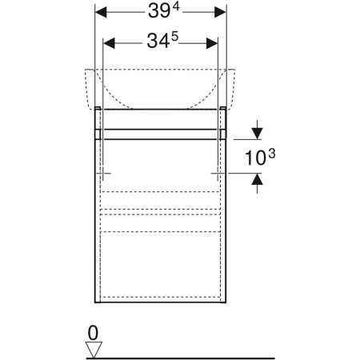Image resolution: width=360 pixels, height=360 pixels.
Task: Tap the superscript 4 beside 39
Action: click(176, 7)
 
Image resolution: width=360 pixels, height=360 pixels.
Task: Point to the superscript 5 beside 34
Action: click(174, 37)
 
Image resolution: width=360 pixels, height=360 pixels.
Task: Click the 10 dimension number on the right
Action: click(255, 158)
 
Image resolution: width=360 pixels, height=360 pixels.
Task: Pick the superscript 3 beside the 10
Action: click(272, 154)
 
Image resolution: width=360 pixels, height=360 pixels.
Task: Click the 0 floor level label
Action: click(93, 333)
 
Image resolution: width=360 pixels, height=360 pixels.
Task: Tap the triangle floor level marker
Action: click(94, 350)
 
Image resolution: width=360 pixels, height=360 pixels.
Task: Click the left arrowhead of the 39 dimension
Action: click(101, 12)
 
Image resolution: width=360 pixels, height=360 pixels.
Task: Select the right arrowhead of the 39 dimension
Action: click(220, 12)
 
